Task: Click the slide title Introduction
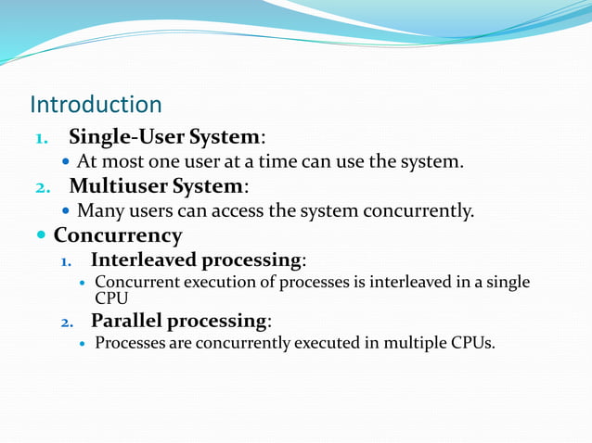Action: (x=96, y=104)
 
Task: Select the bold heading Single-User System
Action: (x=164, y=137)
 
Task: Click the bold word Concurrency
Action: (x=118, y=234)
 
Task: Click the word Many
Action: (x=97, y=210)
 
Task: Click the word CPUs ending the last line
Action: (x=473, y=344)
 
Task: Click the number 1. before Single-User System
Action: (x=41, y=138)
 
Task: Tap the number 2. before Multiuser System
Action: (x=41, y=186)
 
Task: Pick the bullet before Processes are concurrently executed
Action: (x=84, y=345)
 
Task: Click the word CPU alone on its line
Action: (x=112, y=297)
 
